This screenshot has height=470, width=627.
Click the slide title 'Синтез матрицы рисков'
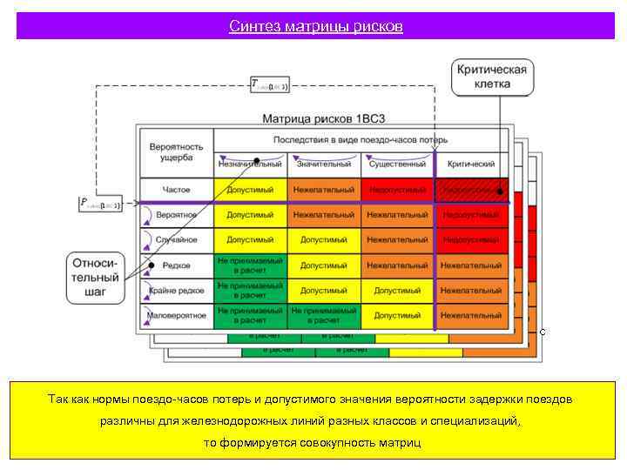point(315,26)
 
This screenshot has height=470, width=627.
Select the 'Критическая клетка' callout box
point(492,77)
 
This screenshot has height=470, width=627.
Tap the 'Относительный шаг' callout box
point(95,276)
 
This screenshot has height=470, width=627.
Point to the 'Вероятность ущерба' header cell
point(175,152)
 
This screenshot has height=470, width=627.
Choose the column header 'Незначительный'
point(250,164)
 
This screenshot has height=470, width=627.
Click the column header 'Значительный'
point(324,164)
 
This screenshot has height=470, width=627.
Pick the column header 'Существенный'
point(398,164)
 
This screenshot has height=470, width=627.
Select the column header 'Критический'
point(471,164)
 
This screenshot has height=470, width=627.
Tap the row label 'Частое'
point(175,190)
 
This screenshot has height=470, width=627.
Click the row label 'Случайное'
point(175,239)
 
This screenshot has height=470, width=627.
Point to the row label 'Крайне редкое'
point(175,290)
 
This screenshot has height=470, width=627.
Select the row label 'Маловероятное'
point(175,315)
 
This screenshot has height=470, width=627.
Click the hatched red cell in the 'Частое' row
point(471,190)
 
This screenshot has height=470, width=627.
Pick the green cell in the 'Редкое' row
point(250,265)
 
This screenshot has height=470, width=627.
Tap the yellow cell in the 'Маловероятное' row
point(398,315)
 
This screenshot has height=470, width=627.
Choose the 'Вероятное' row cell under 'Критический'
point(471,214)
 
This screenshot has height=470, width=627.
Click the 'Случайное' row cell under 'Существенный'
point(398,239)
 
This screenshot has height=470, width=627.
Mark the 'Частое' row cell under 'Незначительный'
point(250,190)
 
